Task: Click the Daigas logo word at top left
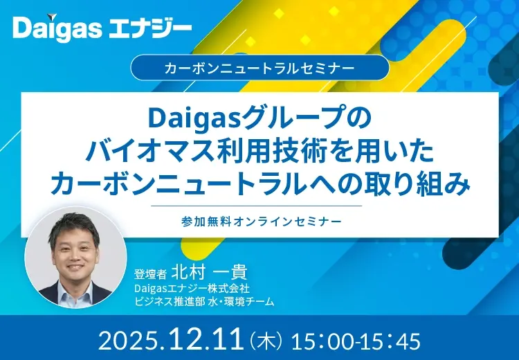pos(55,29)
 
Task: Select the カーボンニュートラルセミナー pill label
pos(259,69)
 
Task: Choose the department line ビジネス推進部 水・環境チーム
pos(204,301)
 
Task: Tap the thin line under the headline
pos(259,206)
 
